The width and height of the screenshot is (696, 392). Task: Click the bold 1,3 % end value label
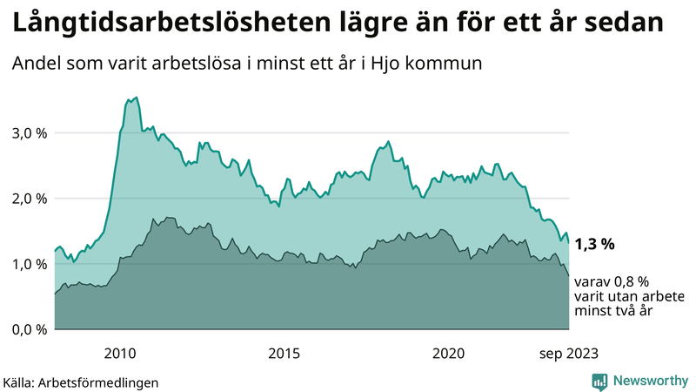[x=594, y=245]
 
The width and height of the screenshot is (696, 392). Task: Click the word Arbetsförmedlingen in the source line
[x=104, y=382]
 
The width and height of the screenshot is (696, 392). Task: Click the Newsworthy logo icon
[x=599, y=381]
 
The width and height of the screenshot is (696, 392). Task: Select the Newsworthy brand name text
[x=649, y=381]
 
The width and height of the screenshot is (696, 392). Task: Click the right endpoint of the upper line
[x=568, y=243]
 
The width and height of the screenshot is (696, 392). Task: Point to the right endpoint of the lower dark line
[x=568, y=276]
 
